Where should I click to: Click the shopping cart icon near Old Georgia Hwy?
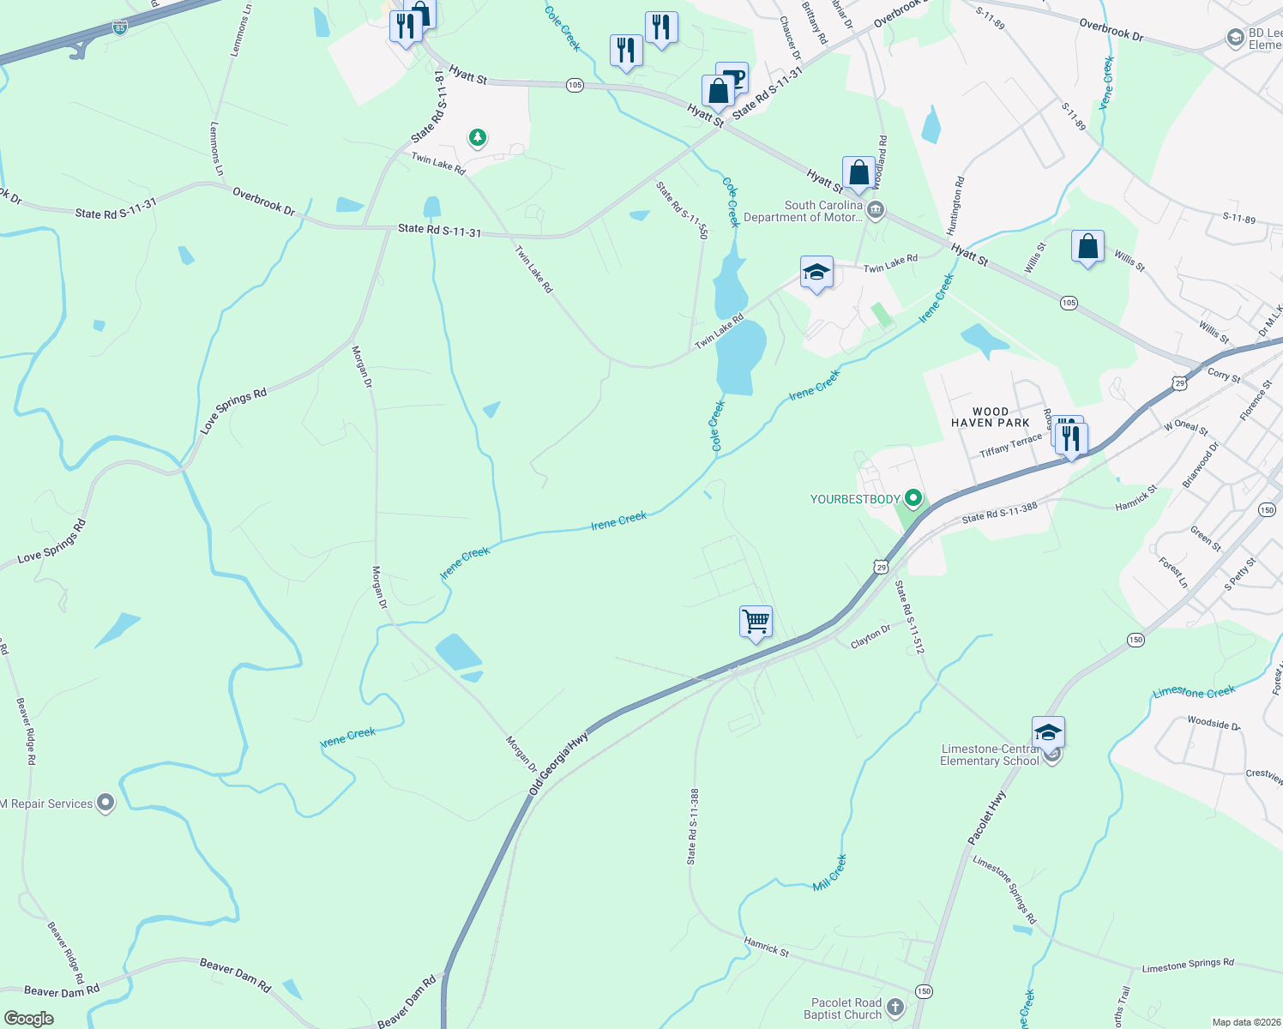(756, 621)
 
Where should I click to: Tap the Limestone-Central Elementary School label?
(990, 755)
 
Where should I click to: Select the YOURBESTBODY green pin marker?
(913, 498)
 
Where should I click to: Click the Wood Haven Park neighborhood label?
(991, 418)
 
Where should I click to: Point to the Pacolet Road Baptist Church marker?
(895, 1007)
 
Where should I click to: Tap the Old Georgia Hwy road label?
(559, 762)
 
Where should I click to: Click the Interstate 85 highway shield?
(119, 28)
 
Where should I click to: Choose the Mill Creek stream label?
(829, 873)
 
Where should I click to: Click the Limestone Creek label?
(1194, 692)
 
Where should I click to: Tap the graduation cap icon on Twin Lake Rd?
(816, 273)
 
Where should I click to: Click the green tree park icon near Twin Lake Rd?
(478, 137)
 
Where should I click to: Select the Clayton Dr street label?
(870, 636)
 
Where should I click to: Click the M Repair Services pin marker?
(105, 803)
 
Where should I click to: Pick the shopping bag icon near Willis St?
(1087, 247)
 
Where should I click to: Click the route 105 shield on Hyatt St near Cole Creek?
(575, 85)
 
